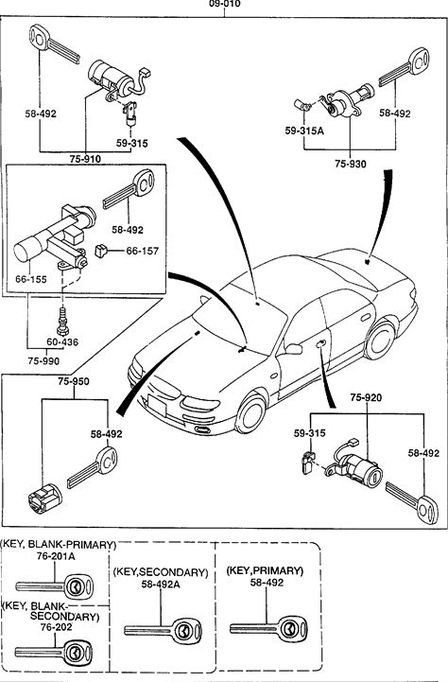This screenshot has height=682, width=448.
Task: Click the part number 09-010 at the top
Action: tap(225, 4)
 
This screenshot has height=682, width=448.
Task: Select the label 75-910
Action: tap(85, 159)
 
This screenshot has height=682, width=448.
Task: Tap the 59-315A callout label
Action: tap(304, 131)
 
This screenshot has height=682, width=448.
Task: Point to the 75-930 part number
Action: tap(351, 164)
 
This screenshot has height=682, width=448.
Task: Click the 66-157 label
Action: tap(143, 251)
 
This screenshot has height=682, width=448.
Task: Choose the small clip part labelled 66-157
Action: tap(101, 251)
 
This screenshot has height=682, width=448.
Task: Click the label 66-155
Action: tap(31, 279)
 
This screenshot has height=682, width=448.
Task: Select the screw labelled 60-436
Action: tap(62, 322)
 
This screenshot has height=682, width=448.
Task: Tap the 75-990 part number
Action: tap(43, 361)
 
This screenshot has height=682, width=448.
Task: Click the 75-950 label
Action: tap(74, 381)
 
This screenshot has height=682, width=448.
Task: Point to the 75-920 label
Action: tap(366, 397)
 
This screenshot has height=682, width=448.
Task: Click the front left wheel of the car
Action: tap(250, 414)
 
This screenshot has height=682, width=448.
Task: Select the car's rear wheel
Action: tap(380, 341)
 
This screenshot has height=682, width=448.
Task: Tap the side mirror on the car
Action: tap(293, 349)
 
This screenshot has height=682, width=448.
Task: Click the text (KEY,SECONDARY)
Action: tap(161, 572)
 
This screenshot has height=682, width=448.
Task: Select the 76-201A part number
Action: tap(55, 556)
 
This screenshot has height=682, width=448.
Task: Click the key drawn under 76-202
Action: tap(54, 652)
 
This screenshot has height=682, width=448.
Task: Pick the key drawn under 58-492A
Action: tap(163, 630)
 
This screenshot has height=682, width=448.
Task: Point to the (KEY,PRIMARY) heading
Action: tap(265, 570)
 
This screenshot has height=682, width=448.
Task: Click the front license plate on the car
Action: tap(157, 405)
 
